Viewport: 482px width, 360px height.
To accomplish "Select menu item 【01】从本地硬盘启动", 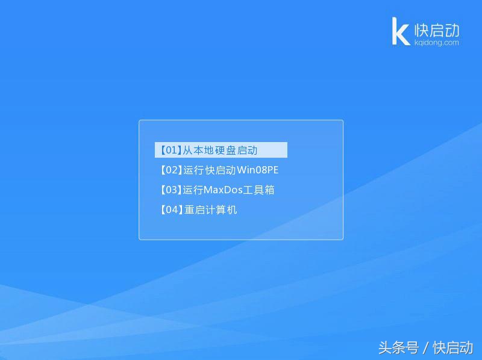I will click(x=221, y=150).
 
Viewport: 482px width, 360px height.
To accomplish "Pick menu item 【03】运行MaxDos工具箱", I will click(x=216, y=190).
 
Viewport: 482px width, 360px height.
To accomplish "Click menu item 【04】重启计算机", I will click(x=198, y=209).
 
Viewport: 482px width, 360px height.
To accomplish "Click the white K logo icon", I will click(x=401, y=31).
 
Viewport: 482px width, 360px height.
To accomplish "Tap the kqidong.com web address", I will click(x=437, y=43).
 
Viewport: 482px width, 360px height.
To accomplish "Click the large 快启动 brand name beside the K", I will click(x=437, y=29).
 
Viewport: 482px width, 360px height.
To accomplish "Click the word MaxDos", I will click(x=223, y=190).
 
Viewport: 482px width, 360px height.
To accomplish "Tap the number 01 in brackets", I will click(x=170, y=150).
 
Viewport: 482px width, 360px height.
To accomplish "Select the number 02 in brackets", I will click(x=170, y=170).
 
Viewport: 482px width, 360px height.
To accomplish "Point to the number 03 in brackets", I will click(x=170, y=190).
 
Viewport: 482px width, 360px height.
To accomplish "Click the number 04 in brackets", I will click(x=170, y=209).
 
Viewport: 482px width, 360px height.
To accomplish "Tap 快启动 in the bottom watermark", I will click(x=453, y=347).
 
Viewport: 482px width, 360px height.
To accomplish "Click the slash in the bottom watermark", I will click(x=425, y=347).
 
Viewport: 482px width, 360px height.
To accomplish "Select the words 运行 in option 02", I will click(x=194, y=170).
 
